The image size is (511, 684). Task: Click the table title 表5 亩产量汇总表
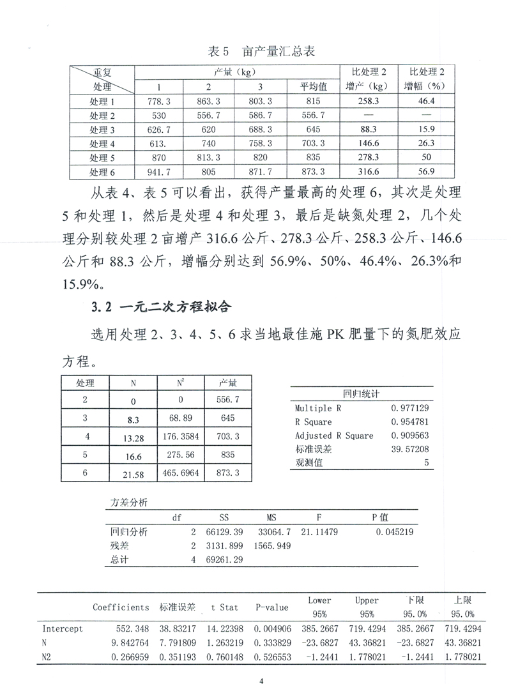coord(263,50)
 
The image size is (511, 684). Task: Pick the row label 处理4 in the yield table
coord(102,143)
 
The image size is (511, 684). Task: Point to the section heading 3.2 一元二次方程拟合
coord(164,307)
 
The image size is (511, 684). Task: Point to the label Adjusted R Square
coord(334,436)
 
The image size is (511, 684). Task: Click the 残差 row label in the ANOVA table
coord(120,545)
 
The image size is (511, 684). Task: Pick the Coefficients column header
coord(121,607)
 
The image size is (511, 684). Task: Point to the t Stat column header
coord(219,607)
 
